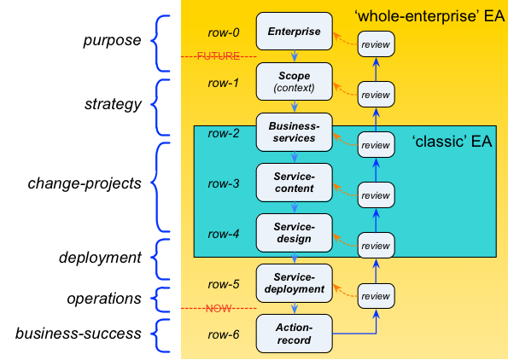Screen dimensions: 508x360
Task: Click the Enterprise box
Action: [295, 32]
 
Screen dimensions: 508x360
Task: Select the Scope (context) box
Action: [295, 82]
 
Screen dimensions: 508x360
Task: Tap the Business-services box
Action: [295, 132]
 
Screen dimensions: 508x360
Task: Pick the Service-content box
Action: [295, 183]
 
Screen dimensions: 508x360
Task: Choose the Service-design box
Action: [295, 233]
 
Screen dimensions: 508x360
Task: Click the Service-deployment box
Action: [295, 283]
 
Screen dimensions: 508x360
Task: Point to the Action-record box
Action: [295, 334]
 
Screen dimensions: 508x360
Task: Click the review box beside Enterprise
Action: [377, 44]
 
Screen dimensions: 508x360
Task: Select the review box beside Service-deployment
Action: [377, 296]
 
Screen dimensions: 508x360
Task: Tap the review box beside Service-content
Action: [377, 195]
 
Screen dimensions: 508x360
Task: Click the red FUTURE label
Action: [219, 56]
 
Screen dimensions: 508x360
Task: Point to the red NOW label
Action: [219, 308]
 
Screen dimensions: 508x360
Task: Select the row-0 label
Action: [224, 32]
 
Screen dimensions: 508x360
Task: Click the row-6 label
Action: [224, 334]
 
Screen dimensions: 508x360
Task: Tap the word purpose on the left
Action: [112, 41]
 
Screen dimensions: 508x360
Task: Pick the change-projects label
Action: [85, 183]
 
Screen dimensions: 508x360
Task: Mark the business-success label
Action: [79, 334]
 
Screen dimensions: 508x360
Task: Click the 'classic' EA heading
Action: [452, 142]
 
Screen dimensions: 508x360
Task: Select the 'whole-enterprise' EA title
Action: [429, 16]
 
